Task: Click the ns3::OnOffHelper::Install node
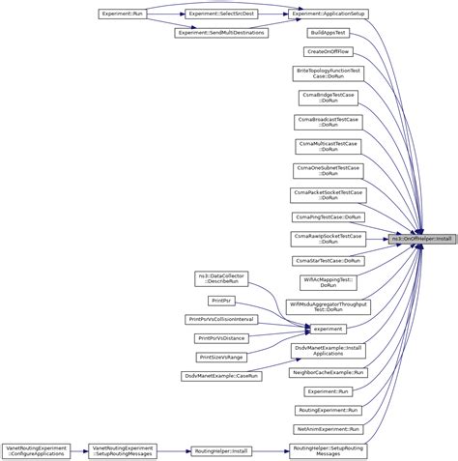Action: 422,239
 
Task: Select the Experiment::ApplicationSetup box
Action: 329,14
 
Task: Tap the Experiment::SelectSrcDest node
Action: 221,14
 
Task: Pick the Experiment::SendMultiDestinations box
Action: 221,33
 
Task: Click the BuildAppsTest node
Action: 329,33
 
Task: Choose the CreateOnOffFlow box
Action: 329,51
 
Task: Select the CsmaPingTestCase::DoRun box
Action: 329,216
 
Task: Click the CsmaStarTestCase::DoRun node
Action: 329,260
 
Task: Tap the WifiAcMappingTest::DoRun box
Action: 329,281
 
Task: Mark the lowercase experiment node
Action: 329,329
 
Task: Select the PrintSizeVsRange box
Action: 221,357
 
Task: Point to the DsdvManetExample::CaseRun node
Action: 221,375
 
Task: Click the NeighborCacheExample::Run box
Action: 329,372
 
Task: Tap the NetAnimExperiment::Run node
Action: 329,428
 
